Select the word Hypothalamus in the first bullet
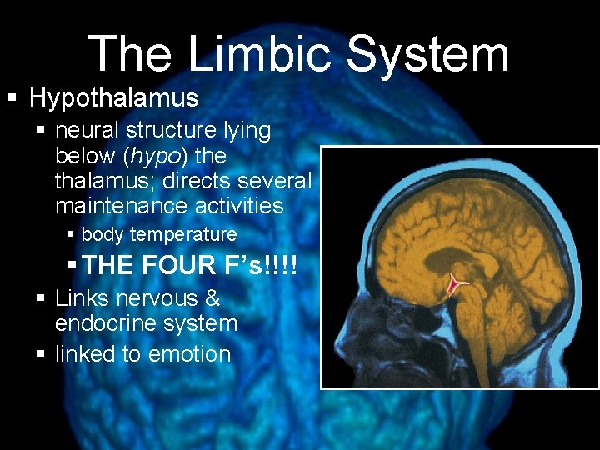114,98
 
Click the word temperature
184,235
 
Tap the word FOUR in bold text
179,266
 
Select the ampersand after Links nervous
212,298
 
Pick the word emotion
190,354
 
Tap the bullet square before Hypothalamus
12,99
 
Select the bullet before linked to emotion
42,355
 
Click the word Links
81,298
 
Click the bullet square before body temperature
72,236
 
